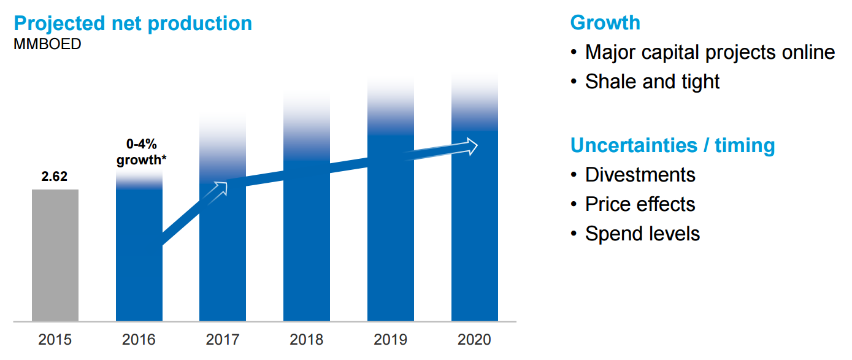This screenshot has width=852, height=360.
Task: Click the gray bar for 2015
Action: (x=55, y=255)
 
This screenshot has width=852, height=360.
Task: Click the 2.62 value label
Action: (x=55, y=177)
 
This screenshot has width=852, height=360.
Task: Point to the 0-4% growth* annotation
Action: (x=142, y=152)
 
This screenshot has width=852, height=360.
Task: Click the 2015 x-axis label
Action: (x=55, y=339)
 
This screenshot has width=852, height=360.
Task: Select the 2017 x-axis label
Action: (x=223, y=339)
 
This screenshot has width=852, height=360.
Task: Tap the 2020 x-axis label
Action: (x=474, y=339)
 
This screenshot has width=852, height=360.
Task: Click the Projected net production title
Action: (x=132, y=23)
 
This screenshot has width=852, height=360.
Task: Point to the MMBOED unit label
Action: (x=47, y=44)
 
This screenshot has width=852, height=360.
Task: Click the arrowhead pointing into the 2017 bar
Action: (x=220, y=188)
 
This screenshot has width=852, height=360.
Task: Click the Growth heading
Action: (x=605, y=23)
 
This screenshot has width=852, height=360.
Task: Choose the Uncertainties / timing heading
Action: (x=672, y=145)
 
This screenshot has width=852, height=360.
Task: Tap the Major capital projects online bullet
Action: (x=710, y=52)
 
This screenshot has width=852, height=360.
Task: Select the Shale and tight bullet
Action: (x=652, y=82)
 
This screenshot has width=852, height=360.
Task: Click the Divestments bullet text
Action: (x=640, y=175)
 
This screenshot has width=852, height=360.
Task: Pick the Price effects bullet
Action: (x=640, y=204)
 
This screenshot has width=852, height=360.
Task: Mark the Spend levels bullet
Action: (x=642, y=234)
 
